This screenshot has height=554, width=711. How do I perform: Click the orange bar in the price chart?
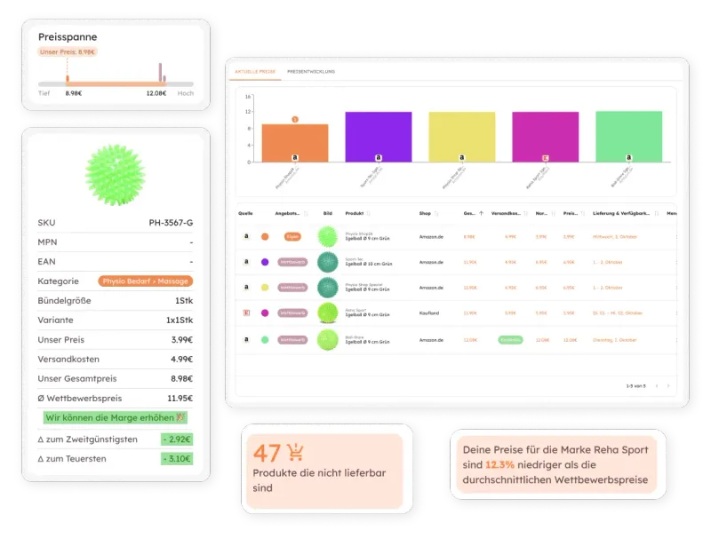click(294, 143)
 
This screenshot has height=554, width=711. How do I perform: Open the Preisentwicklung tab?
click(311, 71)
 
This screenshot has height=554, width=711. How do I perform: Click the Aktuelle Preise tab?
click(255, 71)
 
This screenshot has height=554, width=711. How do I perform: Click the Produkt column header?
click(355, 213)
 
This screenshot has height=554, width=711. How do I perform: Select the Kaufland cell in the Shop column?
click(431, 313)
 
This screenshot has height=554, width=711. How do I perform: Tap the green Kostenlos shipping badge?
click(510, 339)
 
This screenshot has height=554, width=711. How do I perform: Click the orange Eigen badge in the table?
click(292, 237)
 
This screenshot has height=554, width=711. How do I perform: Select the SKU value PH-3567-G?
click(171, 223)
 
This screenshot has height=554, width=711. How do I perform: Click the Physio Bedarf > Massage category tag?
click(146, 281)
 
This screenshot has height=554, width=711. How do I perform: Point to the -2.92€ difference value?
click(177, 439)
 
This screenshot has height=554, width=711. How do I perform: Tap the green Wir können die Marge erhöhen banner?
click(115, 417)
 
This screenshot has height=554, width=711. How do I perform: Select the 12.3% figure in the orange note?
click(500, 465)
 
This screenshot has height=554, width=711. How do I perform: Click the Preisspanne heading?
click(68, 37)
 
